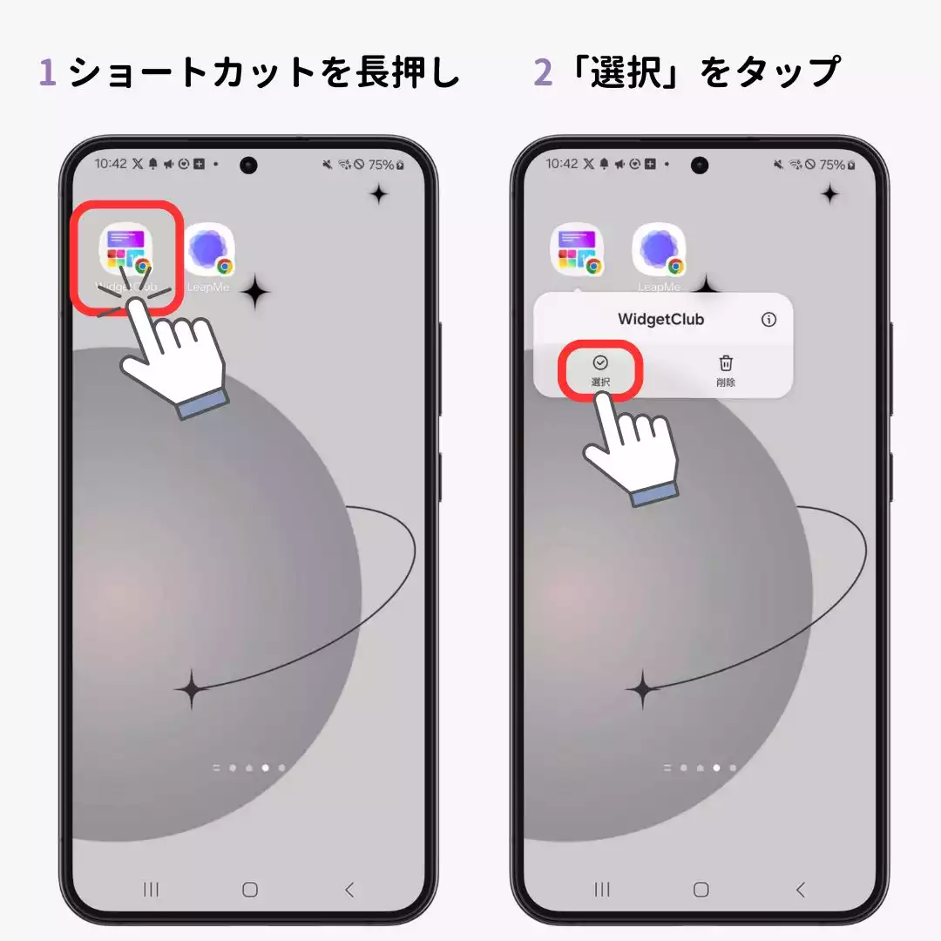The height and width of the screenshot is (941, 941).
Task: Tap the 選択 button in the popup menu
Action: pos(600,369)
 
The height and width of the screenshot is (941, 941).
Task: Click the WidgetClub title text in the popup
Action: pos(660,320)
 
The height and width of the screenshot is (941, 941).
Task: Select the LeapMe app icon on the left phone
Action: pos(209,250)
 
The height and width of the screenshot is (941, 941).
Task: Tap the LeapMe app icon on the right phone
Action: pos(660,250)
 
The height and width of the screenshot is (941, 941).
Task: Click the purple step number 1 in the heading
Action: pos(48,73)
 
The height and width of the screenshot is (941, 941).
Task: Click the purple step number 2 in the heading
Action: pos(543,73)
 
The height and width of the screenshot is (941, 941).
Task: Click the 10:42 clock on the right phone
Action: pos(562,164)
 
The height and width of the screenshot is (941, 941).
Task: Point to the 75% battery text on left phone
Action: pos(380,164)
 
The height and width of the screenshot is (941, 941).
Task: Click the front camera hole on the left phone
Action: pos(249,165)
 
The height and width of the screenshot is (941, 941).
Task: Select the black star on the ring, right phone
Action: pos(643,690)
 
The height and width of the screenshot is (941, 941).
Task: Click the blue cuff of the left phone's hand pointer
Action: pos(203,403)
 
